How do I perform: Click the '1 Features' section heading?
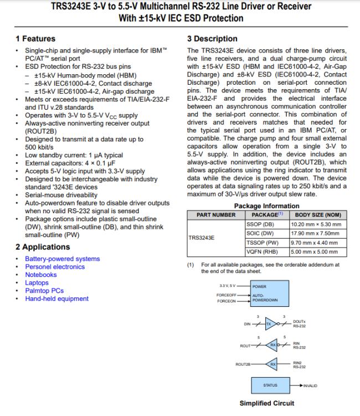point(35,39)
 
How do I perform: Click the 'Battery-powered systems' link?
point(62,259)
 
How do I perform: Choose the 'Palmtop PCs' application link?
point(44,291)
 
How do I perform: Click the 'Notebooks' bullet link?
point(40,275)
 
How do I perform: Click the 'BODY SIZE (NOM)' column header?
point(317,214)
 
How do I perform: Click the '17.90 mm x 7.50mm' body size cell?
point(315,233)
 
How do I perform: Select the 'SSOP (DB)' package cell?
point(260,224)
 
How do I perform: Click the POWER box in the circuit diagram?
point(269,287)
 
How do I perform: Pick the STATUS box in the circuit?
point(269,384)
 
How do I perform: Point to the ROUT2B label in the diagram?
point(243,364)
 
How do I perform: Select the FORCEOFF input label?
point(227,295)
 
